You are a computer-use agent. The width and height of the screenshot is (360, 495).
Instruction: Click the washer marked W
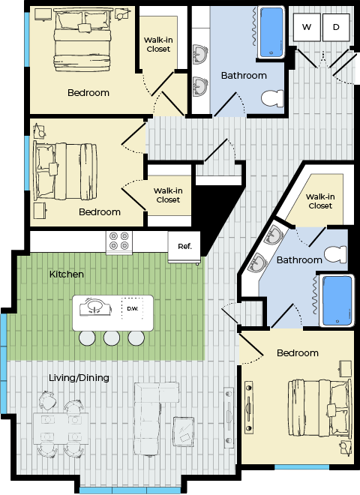click(307, 27)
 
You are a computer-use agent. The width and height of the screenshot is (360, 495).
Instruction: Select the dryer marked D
click(336, 27)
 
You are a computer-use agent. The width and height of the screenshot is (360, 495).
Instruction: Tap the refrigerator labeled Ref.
click(184, 247)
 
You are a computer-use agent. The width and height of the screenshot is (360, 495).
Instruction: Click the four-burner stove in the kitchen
click(119, 242)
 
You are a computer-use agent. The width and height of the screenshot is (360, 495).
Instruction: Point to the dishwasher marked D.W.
click(132, 308)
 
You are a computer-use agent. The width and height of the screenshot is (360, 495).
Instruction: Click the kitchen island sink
click(95, 307)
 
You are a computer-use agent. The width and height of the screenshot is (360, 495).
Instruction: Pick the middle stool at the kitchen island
click(112, 338)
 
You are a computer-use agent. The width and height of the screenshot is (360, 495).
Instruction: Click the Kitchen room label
click(67, 274)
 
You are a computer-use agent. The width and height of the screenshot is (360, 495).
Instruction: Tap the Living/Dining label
click(79, 377)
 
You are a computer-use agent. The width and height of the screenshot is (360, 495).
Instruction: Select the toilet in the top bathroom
click(272, 98)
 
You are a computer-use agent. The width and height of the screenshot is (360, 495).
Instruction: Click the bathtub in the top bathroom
click(271, 32)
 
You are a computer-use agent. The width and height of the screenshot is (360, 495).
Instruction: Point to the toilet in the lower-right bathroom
click(335, 254)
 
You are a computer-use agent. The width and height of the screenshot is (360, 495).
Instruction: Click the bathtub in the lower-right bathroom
click(336, 301)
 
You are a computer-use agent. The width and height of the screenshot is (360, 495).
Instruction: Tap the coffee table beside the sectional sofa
click(184, 431)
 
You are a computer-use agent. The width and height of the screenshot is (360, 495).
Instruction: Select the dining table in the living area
click(61, 428)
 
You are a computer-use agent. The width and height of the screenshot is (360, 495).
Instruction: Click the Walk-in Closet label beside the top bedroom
click(158, 44)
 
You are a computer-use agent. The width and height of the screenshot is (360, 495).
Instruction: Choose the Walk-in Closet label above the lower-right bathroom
click(320, 201)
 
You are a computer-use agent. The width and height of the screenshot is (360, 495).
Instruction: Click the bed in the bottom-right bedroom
click(319, 407)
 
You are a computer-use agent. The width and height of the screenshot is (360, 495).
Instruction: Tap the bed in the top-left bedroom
click(82, 40)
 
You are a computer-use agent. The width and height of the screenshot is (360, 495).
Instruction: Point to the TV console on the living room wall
click(229, 417)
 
